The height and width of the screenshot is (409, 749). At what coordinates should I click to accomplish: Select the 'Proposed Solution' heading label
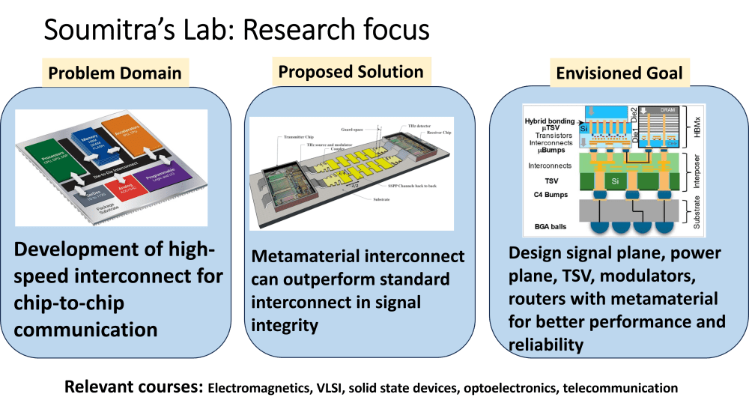coord(351,72)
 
